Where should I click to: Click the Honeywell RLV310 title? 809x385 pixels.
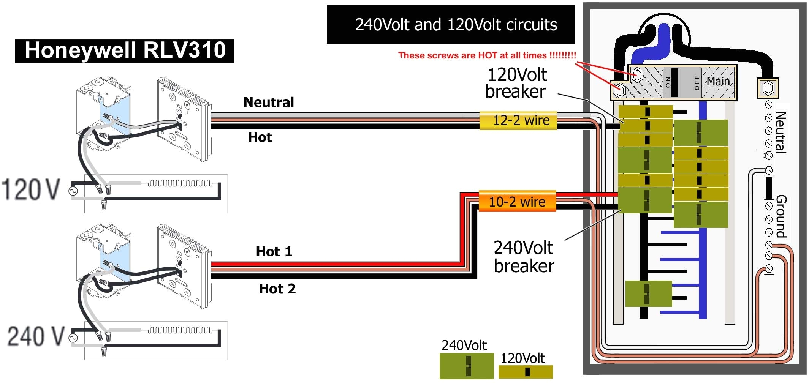[125, 51]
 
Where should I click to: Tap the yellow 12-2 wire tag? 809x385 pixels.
[518, 120]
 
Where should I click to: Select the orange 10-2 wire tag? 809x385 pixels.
[517, 202]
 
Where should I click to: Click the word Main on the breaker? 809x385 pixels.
[718, 81]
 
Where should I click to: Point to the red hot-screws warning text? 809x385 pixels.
[487, 55]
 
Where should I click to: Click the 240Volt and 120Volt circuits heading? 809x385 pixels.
[456, 25]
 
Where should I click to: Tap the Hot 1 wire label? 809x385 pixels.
[274, 251]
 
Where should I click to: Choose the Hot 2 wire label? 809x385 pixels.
[277, 289]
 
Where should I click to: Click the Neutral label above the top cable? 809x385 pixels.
[269, 103]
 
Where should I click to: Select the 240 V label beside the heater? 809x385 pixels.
[36, 336]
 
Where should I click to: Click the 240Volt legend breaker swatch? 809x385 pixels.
[467, 366]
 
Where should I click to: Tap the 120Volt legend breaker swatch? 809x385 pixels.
[526, 372]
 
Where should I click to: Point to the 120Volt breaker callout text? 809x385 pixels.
[516, 83]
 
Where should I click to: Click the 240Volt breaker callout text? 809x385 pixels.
[524, 257]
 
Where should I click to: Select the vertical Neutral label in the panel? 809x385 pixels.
[780, 132]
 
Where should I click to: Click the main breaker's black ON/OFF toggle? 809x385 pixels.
[675, 82]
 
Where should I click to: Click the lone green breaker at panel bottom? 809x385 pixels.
[648, 293]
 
